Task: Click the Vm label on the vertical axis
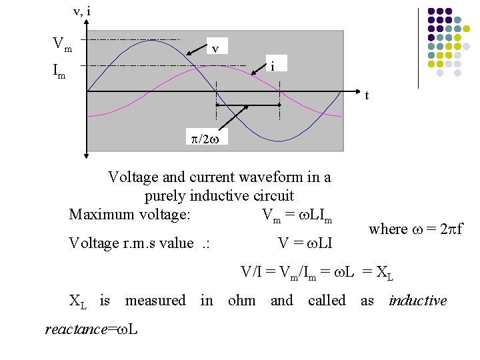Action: pos(62,45)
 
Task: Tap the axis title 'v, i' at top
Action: pos(82,11)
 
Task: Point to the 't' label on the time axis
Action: pos(366,95)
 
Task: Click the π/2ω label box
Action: pos(205,137)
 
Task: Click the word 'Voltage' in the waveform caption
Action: pos(133,177)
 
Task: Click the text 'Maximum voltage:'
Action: pos(130,215)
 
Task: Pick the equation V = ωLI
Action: pos(305,243)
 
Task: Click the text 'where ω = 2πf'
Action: pos(415,229)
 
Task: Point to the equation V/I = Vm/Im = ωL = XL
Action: pos(317,272)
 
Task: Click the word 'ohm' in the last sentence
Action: pos(241,301)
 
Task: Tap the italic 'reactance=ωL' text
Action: pos(91,329)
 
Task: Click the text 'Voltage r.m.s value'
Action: pos(131,243)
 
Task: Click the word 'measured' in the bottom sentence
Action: pos(155,301)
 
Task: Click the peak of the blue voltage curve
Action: pos(152,41)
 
